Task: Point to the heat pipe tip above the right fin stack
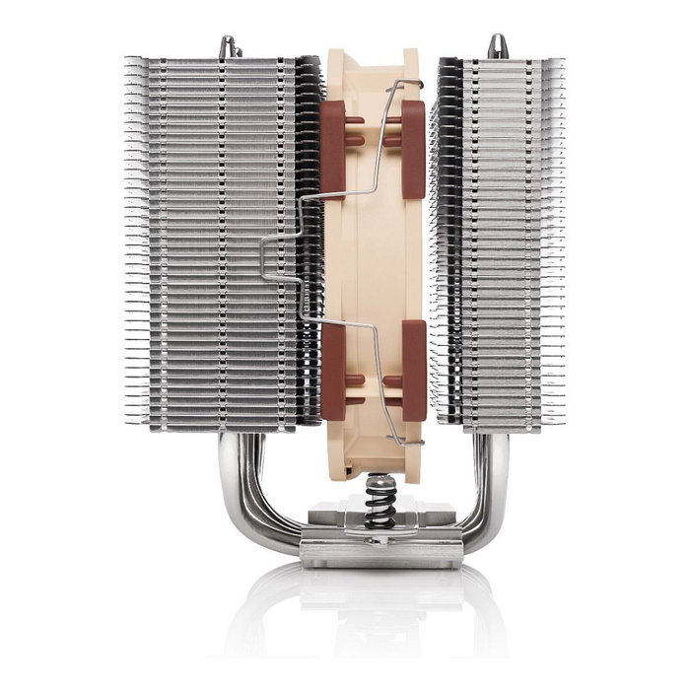tap(497, 45)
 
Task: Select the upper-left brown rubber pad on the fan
tap(333, 148)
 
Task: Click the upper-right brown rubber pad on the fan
tap(414, 148)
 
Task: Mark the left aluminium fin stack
tap(212, 246)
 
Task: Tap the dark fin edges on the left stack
tap(309, 246)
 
